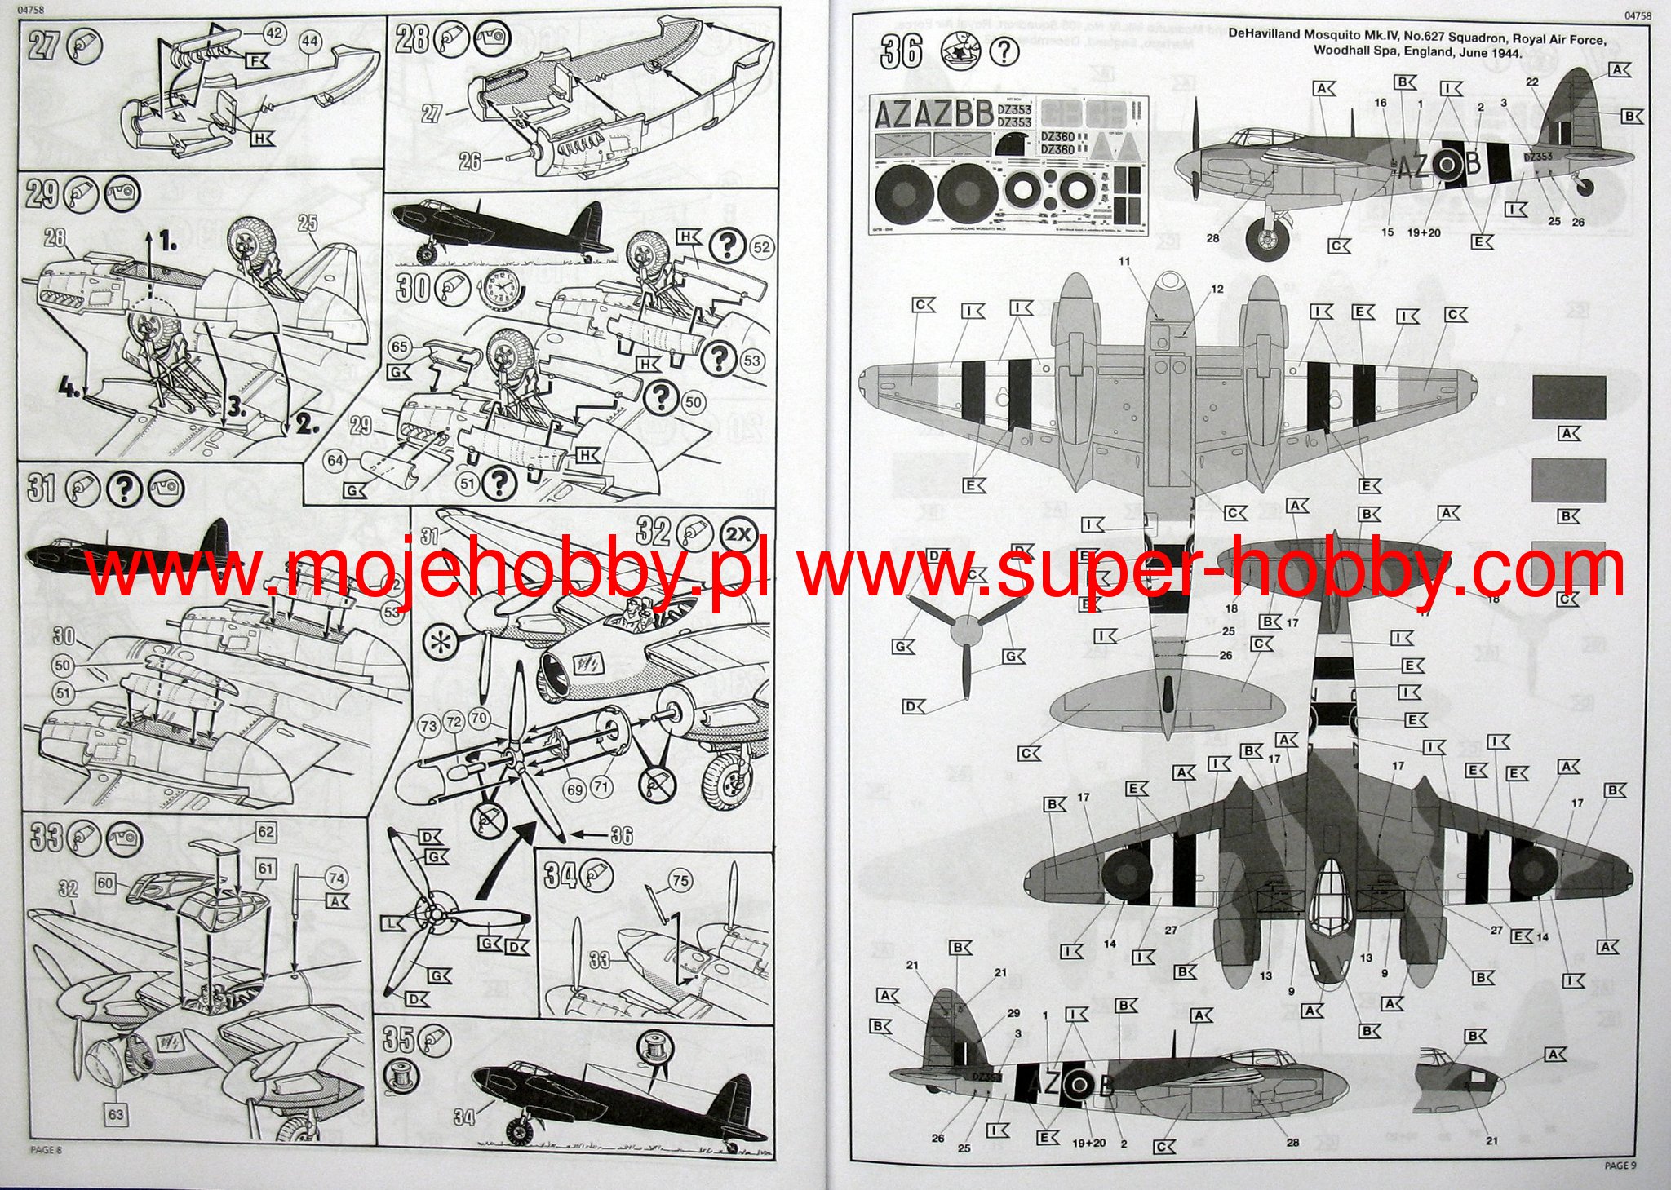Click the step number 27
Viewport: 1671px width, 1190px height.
(43, 46)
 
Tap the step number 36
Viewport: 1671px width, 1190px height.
(901, 52)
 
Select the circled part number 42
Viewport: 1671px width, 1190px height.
(274, 33)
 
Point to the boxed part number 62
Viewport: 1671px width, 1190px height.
(265, 832)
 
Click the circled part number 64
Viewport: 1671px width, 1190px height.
(335, 461)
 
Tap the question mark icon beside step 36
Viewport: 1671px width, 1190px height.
(1004, 52)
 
